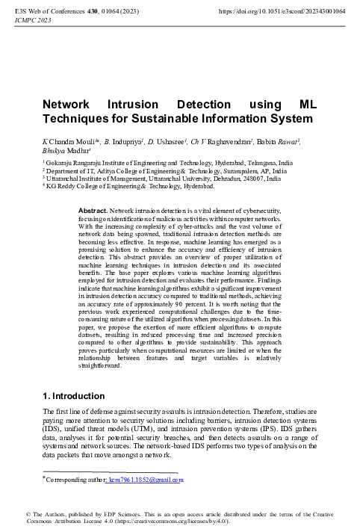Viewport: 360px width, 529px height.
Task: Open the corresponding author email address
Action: coord(146,480)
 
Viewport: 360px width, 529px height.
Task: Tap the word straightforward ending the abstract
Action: coord(99,366)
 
